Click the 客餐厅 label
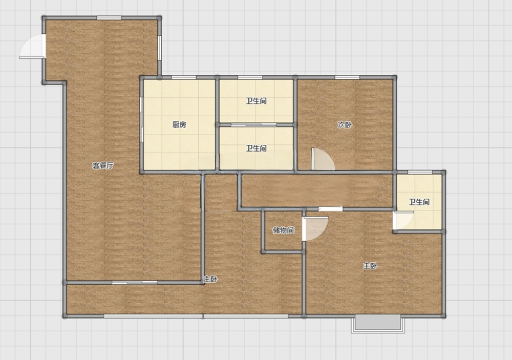coord(103,165)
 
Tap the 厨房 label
coord(179,124)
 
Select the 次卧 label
coord(345,124)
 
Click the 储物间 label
coord(284,230)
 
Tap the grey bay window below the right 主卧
coord(378,323)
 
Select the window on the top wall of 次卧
coord(347,77)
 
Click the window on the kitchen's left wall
coord(141,119)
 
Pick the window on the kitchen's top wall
coord(183,77)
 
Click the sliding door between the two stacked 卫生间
coord(254,124)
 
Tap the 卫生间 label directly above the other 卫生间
coord(257,101)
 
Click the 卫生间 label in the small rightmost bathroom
coord(419,202)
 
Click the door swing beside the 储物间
coord(315,229)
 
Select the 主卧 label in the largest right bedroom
coord(370,266)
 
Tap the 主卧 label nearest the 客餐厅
coord(210,279)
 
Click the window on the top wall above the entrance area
coord(109,17)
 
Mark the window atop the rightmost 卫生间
coord(420,172)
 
